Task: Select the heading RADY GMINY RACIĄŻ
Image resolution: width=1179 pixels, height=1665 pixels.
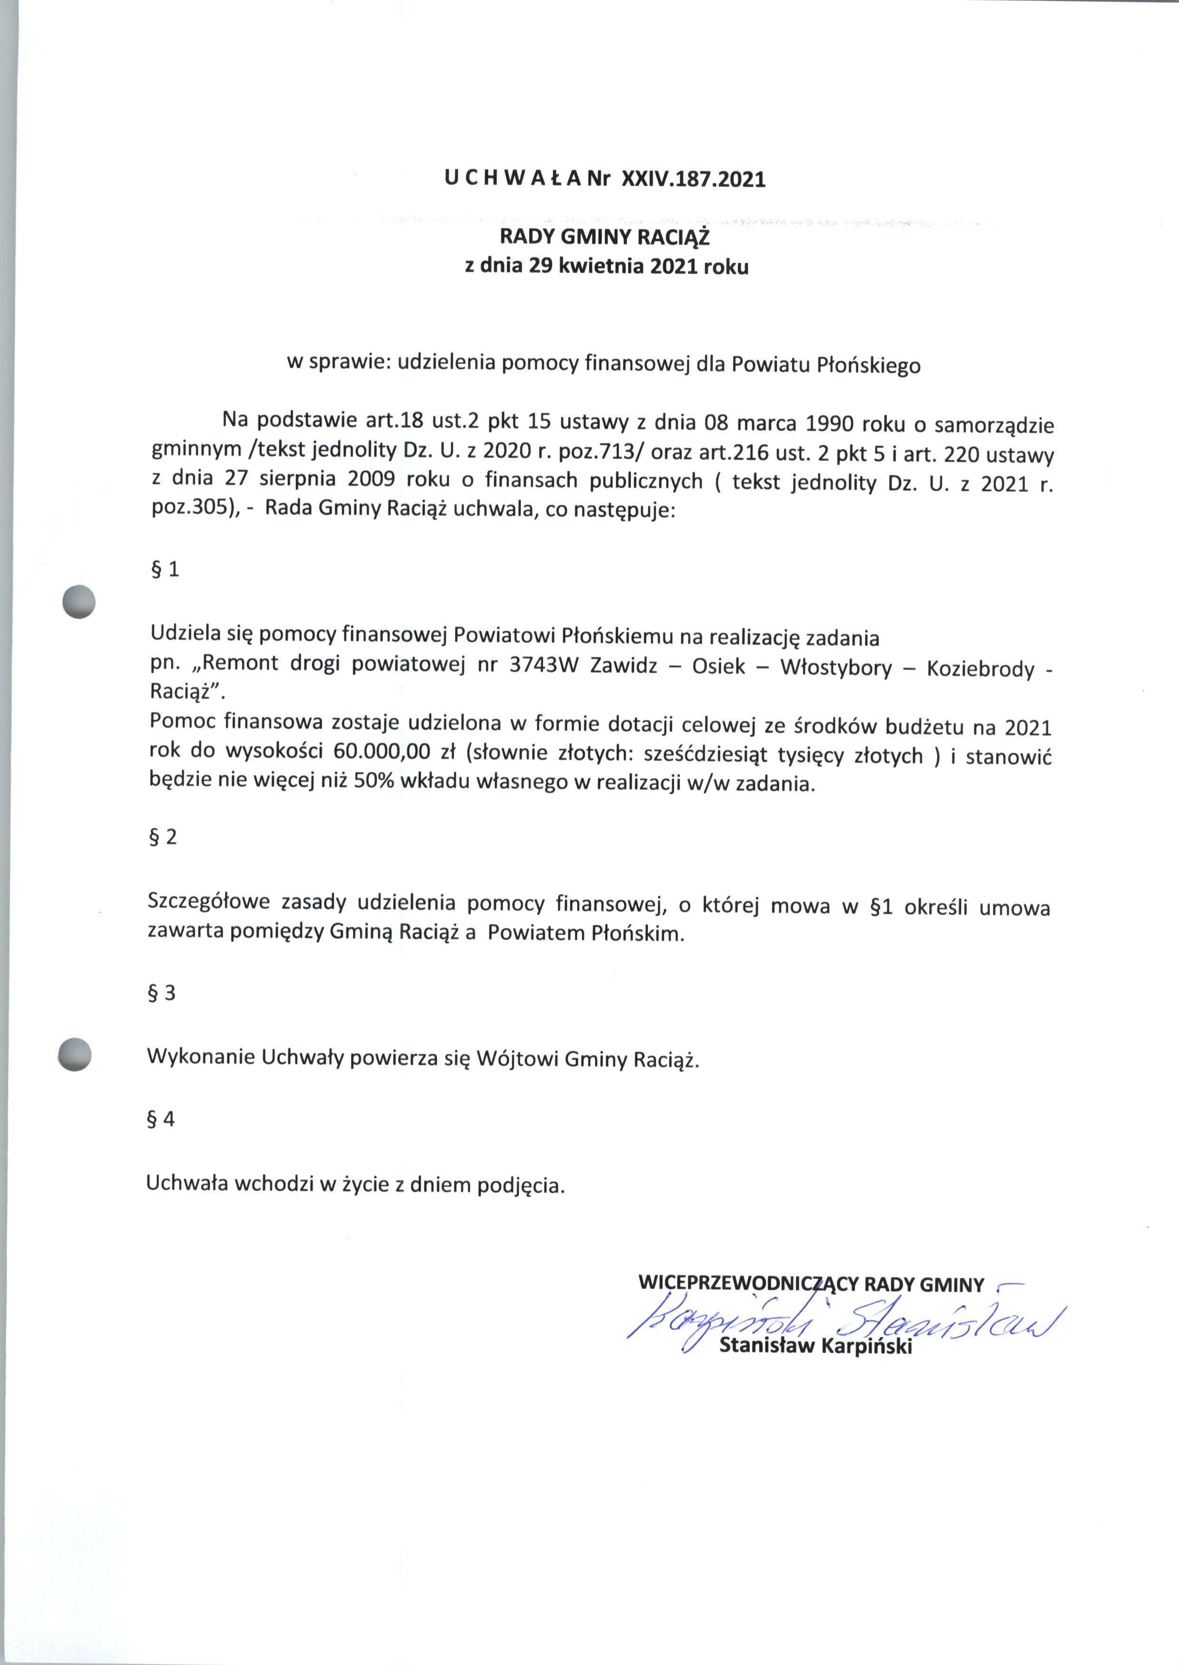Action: point(606,237)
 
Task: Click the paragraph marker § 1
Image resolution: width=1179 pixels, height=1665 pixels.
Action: point(164,570)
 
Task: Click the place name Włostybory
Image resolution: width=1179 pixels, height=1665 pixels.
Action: point(836,668)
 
